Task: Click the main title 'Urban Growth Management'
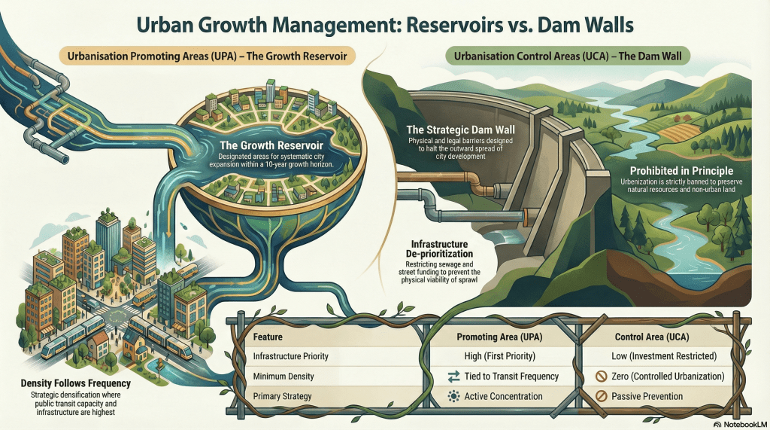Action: (x=385, y=24)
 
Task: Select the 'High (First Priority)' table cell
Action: (x=501, y=355)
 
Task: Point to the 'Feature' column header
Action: (x=268, y=337)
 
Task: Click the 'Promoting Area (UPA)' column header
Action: (x=501, y=337)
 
